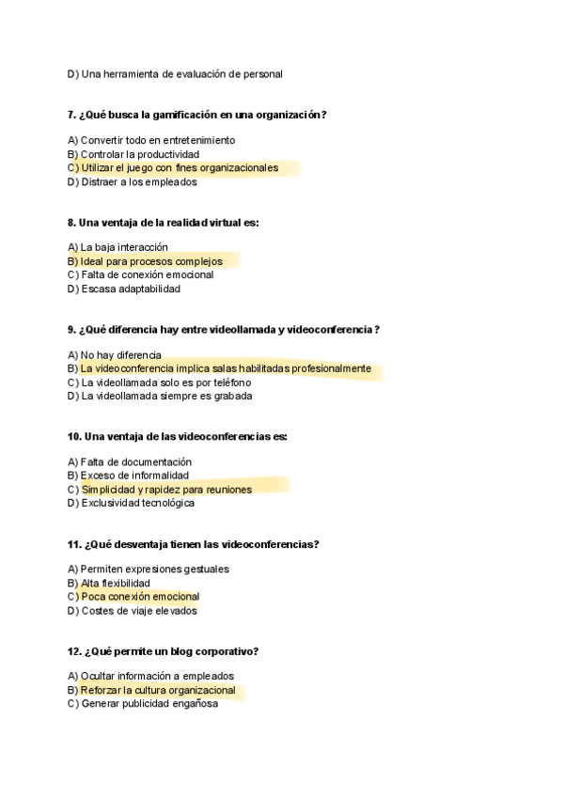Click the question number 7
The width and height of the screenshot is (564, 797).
point(71,115)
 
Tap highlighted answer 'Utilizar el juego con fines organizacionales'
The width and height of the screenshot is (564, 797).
point(180,168)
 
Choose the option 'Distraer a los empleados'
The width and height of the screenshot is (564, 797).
point(138,182)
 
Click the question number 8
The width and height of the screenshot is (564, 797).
point(71,222)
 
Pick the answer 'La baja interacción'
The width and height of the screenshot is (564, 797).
point(124,247)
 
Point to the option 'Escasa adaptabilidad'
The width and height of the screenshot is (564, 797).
point(131,289)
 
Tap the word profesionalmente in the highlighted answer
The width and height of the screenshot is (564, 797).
point(331,368)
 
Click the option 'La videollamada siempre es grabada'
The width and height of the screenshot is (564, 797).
point(166,397)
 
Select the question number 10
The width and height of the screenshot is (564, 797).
point(74,436)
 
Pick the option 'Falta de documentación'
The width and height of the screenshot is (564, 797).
point(135,461)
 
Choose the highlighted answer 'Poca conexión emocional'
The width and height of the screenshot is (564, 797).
point(140,597)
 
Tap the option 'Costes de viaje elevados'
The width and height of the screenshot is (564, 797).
point(138,611)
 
